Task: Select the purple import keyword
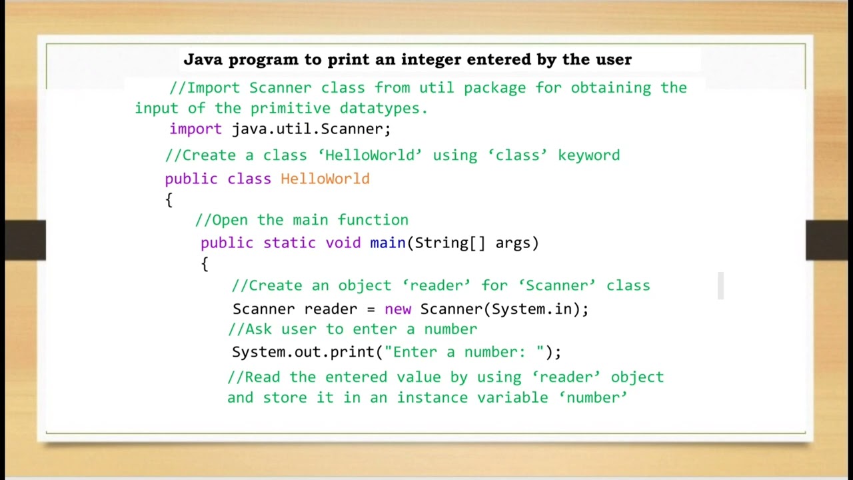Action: pos(195,129)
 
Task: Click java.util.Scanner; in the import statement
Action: pos(311,129)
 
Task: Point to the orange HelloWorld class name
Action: pos(325,179)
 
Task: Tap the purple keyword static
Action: pos(289,243)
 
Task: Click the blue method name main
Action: pos(388,243)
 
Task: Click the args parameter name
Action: pos(512,243)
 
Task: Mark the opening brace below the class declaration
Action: pos(169,199)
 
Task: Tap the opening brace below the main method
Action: pos(205,264)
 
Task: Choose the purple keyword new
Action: pos(398,309)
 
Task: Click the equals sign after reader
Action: pos(371,309)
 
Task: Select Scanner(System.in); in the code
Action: pos(504,309)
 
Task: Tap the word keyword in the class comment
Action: pos(589,155)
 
